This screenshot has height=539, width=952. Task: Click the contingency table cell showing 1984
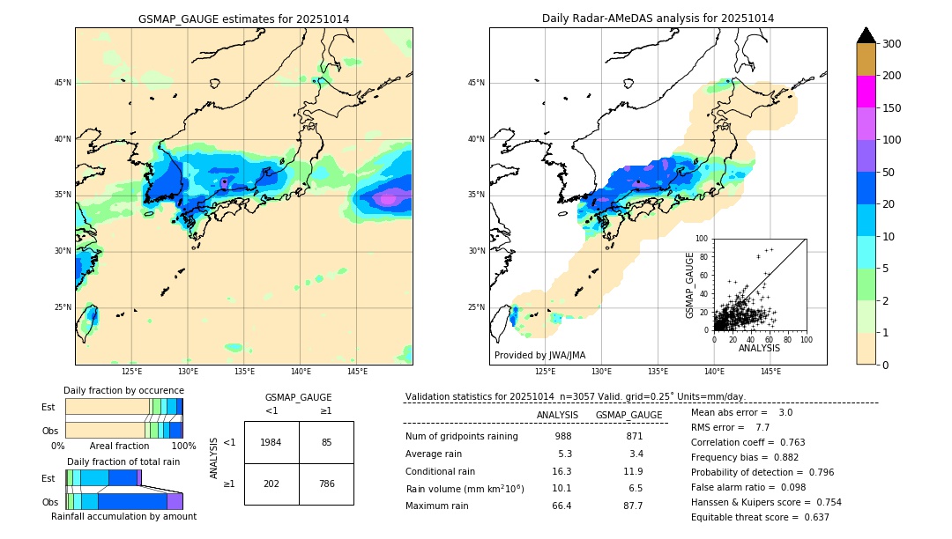click(x=271, y=442)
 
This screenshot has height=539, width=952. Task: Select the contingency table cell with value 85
click(x=326, y=442)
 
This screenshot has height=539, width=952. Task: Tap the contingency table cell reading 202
click(x=271, y=483)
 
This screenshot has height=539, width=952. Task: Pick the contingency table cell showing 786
click(x=326, y=483)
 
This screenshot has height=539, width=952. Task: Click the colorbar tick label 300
click(x=892, y=44)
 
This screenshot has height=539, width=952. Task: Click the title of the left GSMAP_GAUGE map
click(x=243, y=18)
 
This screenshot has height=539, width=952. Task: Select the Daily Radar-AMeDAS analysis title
click(x=658, y=18)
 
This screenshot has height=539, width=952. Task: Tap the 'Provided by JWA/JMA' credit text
click(x=539, y=355)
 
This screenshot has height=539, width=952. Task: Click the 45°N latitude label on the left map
click(x=62, y=83)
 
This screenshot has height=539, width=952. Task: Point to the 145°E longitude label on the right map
click(x=770, y=372)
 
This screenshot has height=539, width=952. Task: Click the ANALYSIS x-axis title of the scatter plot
click(x=759, y=348)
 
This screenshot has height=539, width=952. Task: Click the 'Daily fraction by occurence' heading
click(x=123, y=390)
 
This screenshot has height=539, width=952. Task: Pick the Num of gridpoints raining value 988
click(x=562, y=436)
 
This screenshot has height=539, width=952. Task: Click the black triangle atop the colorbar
click(x=866, y=35)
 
